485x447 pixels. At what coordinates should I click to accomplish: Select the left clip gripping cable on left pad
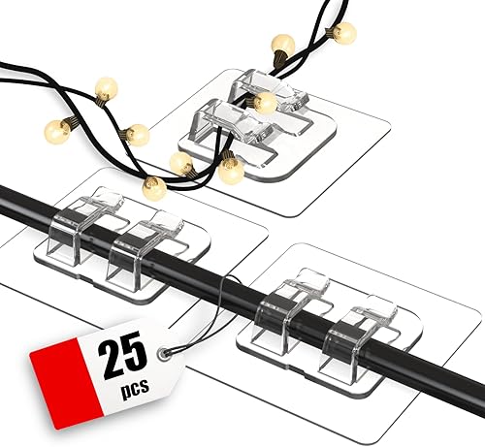[84, 229]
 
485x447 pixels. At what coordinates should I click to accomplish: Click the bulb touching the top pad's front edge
[230, 171]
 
